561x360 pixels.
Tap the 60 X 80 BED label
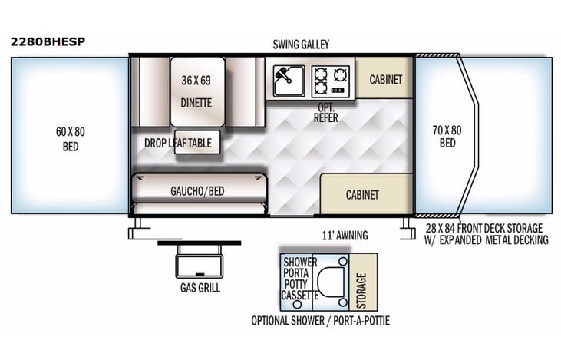[69, 138]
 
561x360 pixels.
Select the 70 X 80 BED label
[448, 137]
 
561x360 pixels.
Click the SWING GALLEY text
[300, 45]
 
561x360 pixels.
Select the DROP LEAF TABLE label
[177, 143]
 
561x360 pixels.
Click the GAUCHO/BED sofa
[198, 191]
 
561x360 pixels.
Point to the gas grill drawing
[199, 260]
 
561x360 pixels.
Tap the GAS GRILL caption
[200, 288]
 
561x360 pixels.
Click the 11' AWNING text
[345, 235]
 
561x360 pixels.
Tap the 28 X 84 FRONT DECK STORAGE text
[484, 228]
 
